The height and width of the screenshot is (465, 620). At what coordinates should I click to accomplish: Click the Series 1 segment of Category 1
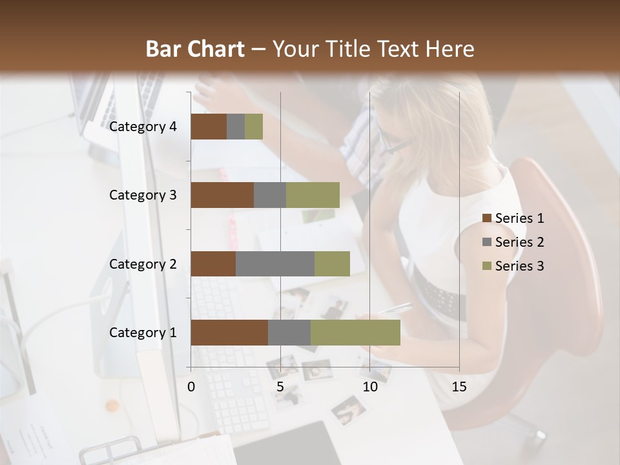click(229, 333)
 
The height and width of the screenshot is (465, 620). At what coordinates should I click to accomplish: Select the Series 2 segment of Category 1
click(289, 333)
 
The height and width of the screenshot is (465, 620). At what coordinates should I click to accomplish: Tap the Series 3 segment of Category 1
click(355, 333)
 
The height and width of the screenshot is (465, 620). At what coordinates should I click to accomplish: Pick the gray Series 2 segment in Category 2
click(275, 263)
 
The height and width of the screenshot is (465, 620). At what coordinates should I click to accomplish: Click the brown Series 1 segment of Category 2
click(213, 263)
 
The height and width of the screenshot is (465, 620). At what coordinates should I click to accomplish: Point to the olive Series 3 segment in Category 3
click(313, 195)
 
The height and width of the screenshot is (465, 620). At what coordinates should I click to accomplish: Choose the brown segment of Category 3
click(222, 195)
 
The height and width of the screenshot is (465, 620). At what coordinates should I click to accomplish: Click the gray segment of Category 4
click(236, 127)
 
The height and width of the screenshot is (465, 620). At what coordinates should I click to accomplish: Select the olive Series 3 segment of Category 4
click(254, 127)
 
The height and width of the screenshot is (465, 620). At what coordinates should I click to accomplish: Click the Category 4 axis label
click(143, 127)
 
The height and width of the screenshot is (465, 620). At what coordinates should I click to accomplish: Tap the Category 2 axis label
click(143, 263)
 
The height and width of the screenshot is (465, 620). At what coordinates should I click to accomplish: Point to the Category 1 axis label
click(143, 333)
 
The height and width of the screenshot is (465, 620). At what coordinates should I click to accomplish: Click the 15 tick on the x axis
click(459, 387)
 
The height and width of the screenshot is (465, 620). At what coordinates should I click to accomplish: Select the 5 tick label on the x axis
click(280, 387)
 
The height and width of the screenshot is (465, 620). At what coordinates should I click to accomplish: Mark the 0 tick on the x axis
click(191, 387)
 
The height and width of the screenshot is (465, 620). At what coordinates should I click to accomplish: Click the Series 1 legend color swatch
click(486, 218)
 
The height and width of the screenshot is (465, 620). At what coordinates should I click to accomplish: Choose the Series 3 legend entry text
click(519, 266)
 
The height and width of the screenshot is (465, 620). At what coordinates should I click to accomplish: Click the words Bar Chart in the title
click(195, 49)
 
